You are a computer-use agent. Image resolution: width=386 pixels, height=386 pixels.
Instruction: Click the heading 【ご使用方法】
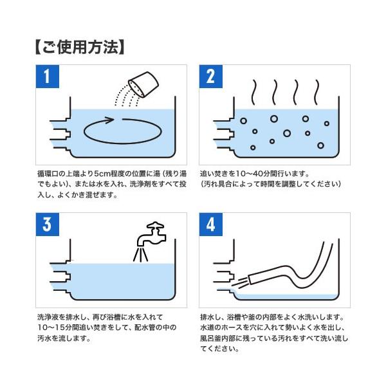click(x=80, y=47)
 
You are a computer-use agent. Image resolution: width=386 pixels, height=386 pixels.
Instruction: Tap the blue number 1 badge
click(x=47, y=77)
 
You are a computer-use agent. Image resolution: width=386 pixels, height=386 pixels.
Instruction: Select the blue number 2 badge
click(x=211, y=77)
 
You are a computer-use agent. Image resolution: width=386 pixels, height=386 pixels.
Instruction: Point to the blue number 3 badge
click(x=47, y=225)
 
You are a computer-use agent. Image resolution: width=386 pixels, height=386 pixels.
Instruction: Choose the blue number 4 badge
click(x=211, y=225)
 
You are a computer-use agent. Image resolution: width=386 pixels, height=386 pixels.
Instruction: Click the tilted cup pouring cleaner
click(x=143, y=84)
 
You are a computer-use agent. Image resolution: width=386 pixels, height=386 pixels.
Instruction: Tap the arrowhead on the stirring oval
click(x=109, y=120)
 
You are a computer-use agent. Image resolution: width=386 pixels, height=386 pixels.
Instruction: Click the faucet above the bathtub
click(x=151, y=234)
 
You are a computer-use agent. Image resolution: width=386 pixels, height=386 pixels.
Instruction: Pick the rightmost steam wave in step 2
click(x=317, y=92)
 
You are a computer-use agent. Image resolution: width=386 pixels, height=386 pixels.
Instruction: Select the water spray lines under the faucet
click(x=140, y=255)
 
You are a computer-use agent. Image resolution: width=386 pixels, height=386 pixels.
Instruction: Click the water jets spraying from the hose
click(x=239, y=282)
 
